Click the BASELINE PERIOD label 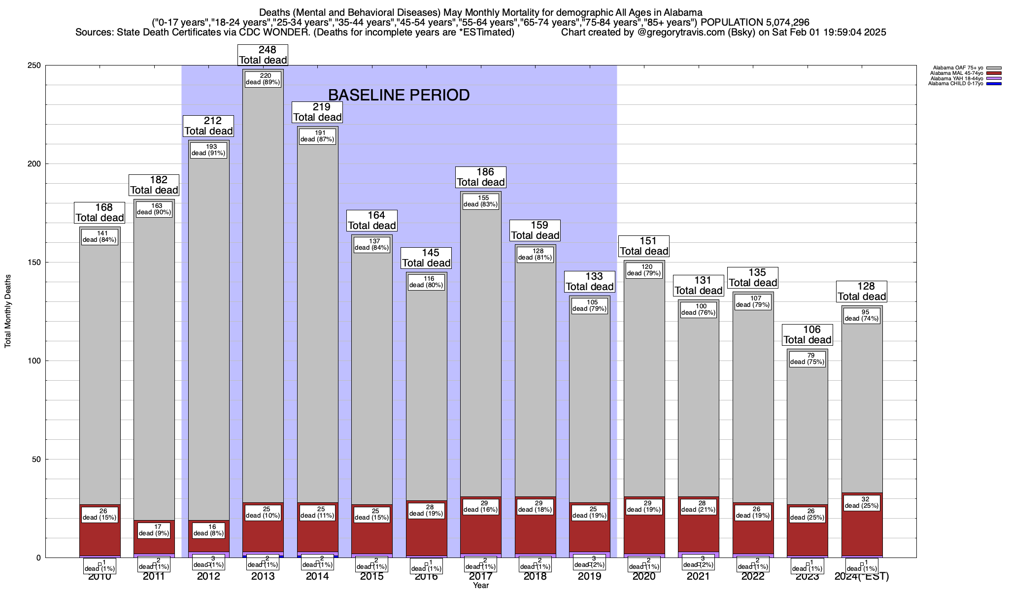pyautogui.click(x=399, y=95)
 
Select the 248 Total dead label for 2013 pyautogui.click(x=263, y=55)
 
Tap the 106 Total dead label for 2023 pyautogui.click(x=807, y=334)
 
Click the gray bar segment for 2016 pyautogui.click(x=426, y=394)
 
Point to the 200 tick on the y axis pyautogui.click(x=37, y=164)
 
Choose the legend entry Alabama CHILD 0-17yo pyautogui.click(x=955, y=84)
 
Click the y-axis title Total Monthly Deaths pyautogui.click(x=8, y=311)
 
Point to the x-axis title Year pyautogui.click(x=480, y=586)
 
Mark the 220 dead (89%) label pyautogui.click(x=263, y=79)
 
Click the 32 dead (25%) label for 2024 pyautogui.click(x=862, y=502)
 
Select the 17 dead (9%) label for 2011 pyautogui.click(x=154, y=530)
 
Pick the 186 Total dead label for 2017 pyautogui.click(x=480, y=177)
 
